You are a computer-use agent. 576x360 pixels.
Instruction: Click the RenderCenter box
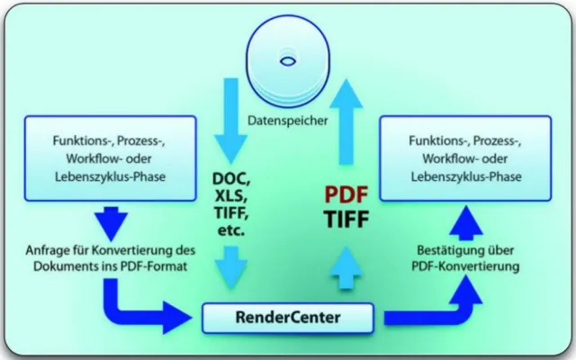tap(288, 317)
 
